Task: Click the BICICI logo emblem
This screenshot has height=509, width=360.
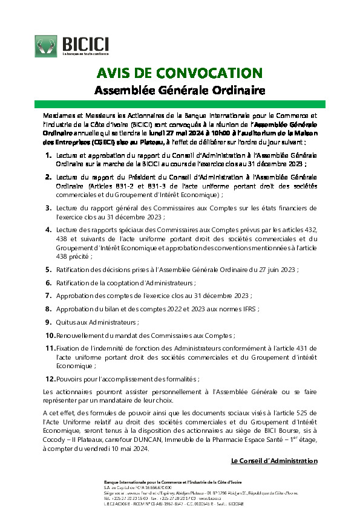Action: coord(46,46)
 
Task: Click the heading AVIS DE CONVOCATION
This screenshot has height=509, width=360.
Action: coord(180,73)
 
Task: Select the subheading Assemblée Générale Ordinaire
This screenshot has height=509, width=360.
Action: coord(180,91)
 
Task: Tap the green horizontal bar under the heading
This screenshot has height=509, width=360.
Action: coord(180,105)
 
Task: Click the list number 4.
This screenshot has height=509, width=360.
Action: coord(48,229)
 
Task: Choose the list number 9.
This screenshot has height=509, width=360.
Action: coord(48,322)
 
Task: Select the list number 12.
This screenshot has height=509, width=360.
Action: coord(50,379)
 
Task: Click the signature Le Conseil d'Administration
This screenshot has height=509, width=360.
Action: coord(274,461)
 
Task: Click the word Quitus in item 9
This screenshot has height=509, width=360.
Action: coord(67,322)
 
